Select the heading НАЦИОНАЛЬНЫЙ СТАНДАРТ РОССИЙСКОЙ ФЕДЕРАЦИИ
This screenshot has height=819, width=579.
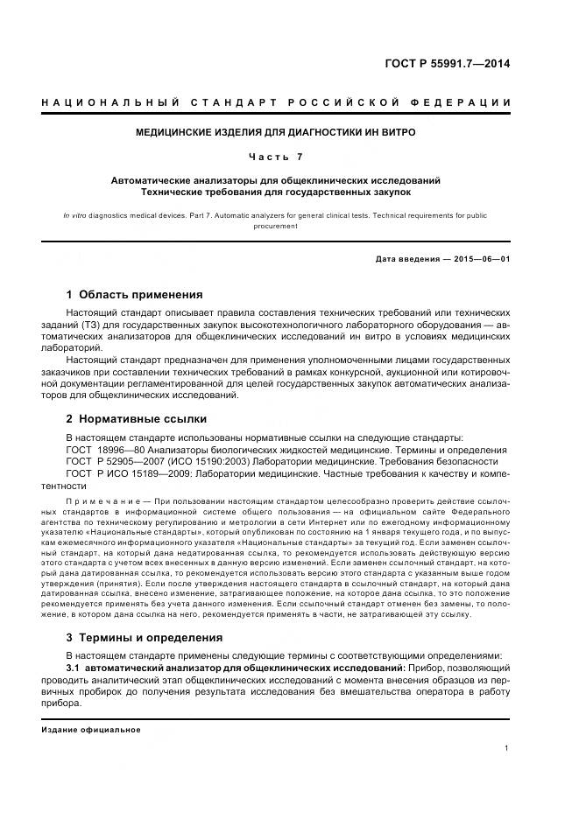pos(276,103)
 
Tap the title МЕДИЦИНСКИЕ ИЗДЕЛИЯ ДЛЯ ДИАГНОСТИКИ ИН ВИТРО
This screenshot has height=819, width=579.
pos(275,133)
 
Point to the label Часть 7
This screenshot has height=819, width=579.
pos(275,157)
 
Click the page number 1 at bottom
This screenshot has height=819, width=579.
pos(507,748)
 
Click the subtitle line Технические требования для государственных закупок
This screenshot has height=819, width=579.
pos(275,191)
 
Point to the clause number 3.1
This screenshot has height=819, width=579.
pos(74,668)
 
